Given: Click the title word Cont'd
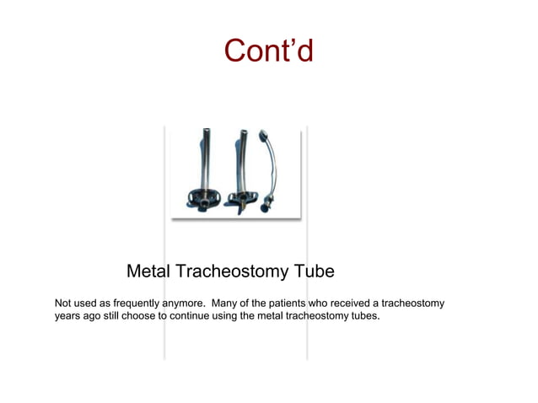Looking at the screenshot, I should [x=268, y=51].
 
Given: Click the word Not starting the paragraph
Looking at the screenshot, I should [x=64, y=303].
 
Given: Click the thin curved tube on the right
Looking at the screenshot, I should [x=274, y=164].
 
